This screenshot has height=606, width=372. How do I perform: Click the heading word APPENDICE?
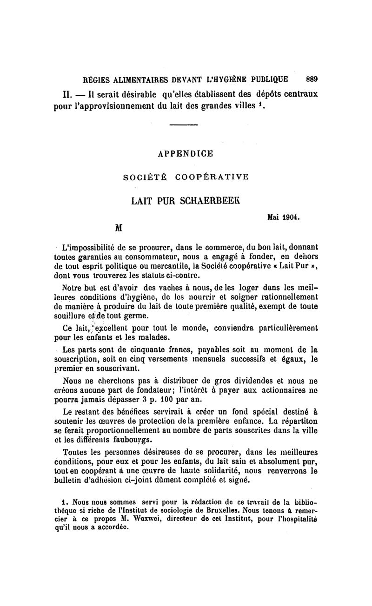186,153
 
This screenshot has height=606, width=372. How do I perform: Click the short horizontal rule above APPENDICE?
184,125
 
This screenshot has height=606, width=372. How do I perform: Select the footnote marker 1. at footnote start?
65,502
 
